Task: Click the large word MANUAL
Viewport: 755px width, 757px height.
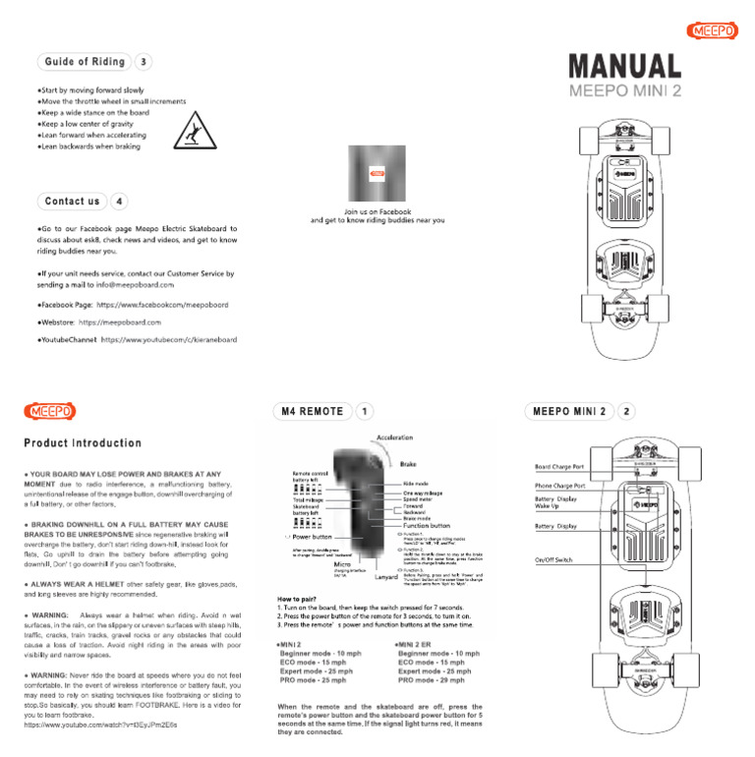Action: click(x=624, y=67)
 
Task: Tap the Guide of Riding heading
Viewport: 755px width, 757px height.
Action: click(x=84, y=62)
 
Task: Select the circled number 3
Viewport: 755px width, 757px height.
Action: click(x=145, y=62)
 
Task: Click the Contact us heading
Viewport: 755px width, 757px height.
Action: click(x=73, y=202)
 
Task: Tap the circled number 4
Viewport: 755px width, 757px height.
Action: click(x=119, y=202)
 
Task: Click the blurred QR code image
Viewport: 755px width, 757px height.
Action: click(x=377, y=174)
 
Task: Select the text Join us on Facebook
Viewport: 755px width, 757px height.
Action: click(x=377, y=211)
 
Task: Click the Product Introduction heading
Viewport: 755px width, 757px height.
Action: click(x=84, y=443)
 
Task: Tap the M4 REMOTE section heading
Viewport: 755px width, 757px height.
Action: click(x=313, y=411)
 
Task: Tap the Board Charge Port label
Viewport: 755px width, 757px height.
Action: click(x=559, y=467)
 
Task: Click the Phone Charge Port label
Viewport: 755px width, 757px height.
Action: click(x=560, y=486)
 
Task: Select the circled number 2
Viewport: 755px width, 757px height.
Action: click(x=627, y=411)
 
